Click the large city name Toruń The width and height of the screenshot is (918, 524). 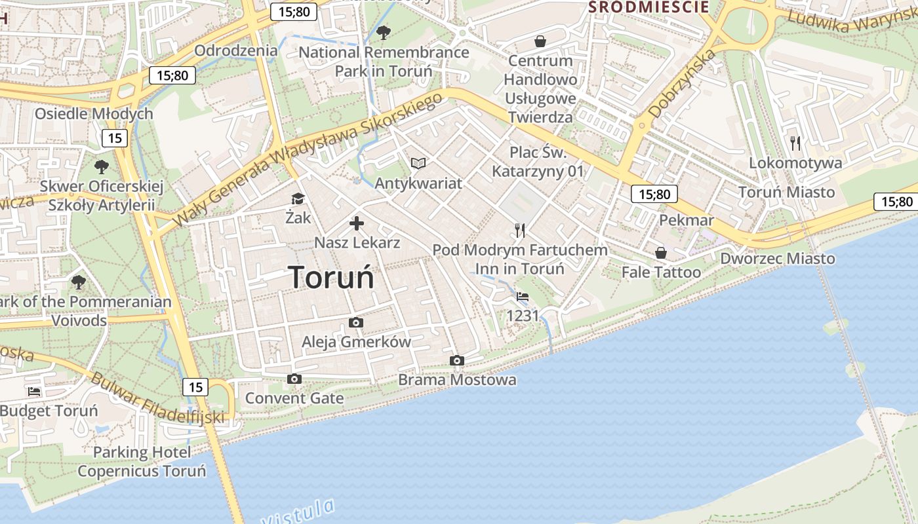click(x=331, y=277)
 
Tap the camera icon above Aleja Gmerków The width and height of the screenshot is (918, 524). click(x=356, y=322)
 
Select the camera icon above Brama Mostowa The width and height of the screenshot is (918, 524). click(x=457, y=360)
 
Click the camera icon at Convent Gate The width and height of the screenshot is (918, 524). click(x=294, y=379)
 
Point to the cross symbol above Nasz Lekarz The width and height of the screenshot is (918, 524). click(x=357, y=224)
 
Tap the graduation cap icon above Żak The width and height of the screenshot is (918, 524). click(x=298, y=198)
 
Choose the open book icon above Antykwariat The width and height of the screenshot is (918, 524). click(x=418, y=163)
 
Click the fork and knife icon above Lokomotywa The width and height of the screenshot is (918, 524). click(x=795, y=143)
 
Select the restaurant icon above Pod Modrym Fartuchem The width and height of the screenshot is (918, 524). click(x=520, y=230)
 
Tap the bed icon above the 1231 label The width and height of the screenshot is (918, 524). click(x=523, y=297)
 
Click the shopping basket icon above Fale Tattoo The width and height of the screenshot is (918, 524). click(x=661, y=253)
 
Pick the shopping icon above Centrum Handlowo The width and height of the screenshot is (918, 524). click(x=540, y=41)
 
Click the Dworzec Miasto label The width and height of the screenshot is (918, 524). click(x=778, y=259)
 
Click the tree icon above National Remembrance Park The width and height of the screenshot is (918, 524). click(x=384, y=32)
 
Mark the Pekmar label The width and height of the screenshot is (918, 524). click(x=686, y=220)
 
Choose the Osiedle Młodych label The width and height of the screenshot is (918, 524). click(x=94, y=113)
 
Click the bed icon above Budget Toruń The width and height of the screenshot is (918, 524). click(x=34, y=392)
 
